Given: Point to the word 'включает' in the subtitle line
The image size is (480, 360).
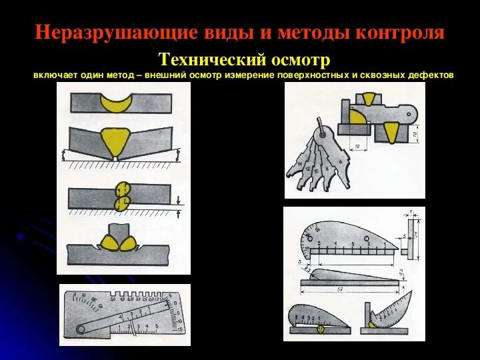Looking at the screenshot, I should pos(54,75).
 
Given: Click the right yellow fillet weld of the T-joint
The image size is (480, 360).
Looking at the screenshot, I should pos(129,244).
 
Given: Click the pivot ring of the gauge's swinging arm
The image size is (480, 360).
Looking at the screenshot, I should pos(81,329).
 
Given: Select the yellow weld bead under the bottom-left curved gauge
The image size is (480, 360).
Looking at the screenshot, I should pos(321,329).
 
